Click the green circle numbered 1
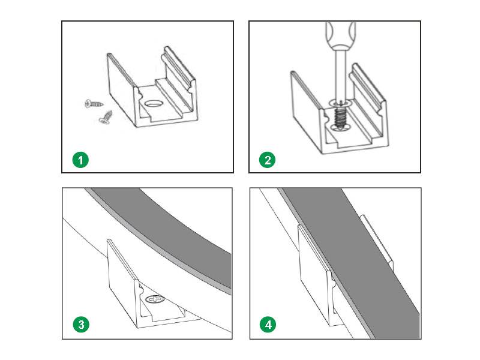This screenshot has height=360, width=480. click(81, 160)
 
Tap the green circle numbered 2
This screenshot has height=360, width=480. click(268, 160)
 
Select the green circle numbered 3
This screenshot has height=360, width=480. click(81, 325)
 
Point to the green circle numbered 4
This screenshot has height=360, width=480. click(268, 325)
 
